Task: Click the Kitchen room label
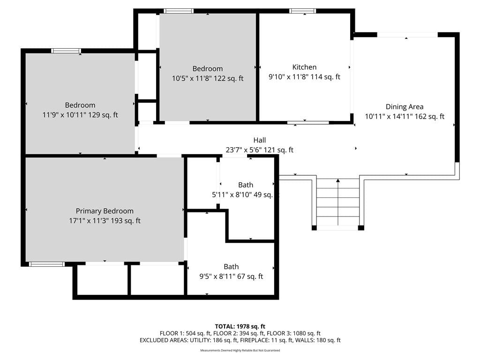pyautogui.click(x=304, y=67)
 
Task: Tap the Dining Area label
pyautogui.click(x=405, y=107)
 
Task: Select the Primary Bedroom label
pyautogui.click(x=105, y=211)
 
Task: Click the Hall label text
pyautogui.click(x=260, y=140)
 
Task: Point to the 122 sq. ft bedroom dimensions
pyautogui.click(x=208, y=78)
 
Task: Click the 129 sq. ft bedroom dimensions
pyautogui.click(x=80, y=115)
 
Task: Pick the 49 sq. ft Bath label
pyautogui.click(x=246, y=185)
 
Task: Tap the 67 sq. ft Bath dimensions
pyautogui.click(x=231, y=277)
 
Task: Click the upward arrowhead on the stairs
pyautogui.click(x=338, y=180)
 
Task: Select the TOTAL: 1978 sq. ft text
pyautogui.click(x=240, y=326)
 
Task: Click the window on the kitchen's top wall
pyautogui.click(x=302, y=11)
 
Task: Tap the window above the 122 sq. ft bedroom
pyautogui.click(x=179, y=11)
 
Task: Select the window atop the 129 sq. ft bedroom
pyautogui.click(x=66, y=51)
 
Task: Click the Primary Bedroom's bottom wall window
pyautogui.click(x=47, y=264)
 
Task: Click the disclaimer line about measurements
pyautogui.click(x=240, y=350)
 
